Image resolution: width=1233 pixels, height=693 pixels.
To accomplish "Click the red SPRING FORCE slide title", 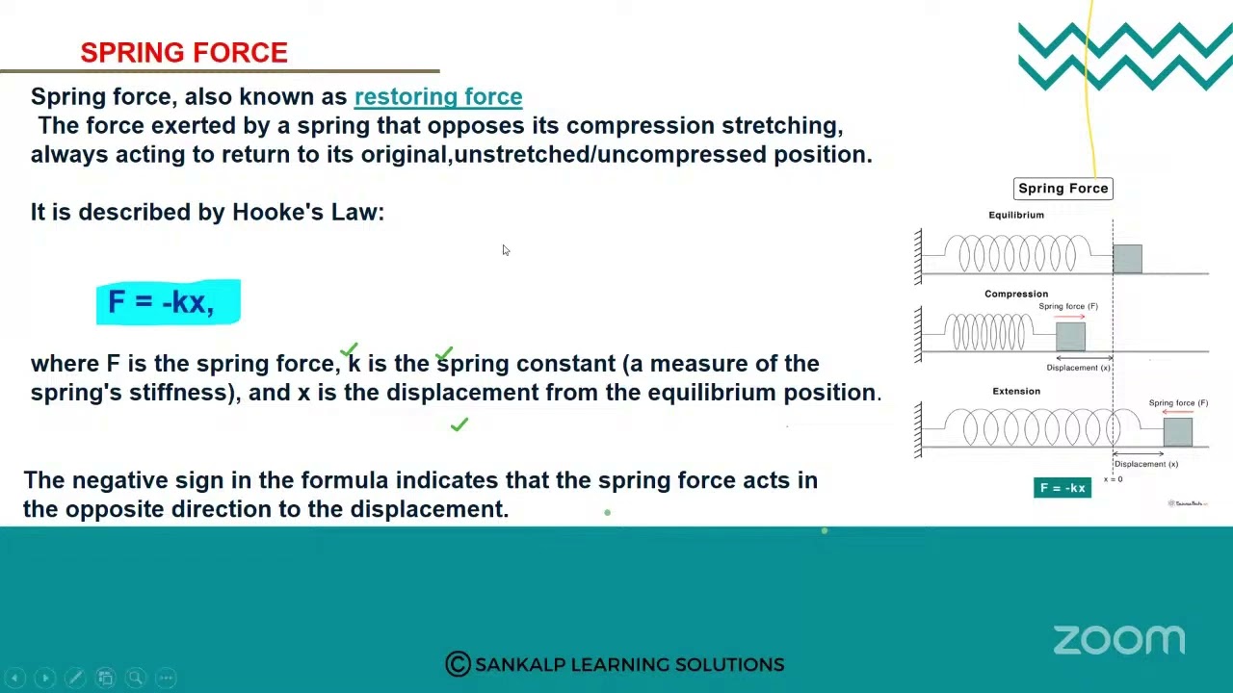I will tap(184, 53).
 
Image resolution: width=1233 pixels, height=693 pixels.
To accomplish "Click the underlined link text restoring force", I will tap(438, 96).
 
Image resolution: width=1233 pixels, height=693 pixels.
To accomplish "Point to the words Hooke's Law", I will tap(307, 212).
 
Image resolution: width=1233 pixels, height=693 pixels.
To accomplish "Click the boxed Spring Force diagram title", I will tap(1062, 189).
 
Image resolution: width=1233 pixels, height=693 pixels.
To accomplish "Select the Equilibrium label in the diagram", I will tap(1015, 215).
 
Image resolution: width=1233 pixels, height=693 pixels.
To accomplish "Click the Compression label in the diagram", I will tap(1015, 294).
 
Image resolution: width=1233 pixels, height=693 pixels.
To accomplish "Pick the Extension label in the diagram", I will tap(1016, 391).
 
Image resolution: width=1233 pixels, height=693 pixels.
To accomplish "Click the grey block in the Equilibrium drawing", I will tap(1127, 259).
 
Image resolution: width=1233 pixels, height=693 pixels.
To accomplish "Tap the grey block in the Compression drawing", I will tap(1070, 336).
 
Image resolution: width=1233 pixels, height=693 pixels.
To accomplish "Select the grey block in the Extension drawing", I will tap(1177, 432).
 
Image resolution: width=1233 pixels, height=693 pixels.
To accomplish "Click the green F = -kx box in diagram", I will tap(1062, 488).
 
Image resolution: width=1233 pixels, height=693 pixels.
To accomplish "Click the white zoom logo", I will tap(1118, 640).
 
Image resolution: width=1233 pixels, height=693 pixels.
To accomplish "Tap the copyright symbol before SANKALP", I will tap(458, 664).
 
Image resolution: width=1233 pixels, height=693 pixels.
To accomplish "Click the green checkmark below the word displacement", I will tap(459, 424).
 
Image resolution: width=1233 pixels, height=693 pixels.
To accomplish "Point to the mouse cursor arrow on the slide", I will tap(505, 250).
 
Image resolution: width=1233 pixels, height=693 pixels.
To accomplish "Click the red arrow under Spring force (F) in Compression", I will tap(1069, 317).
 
